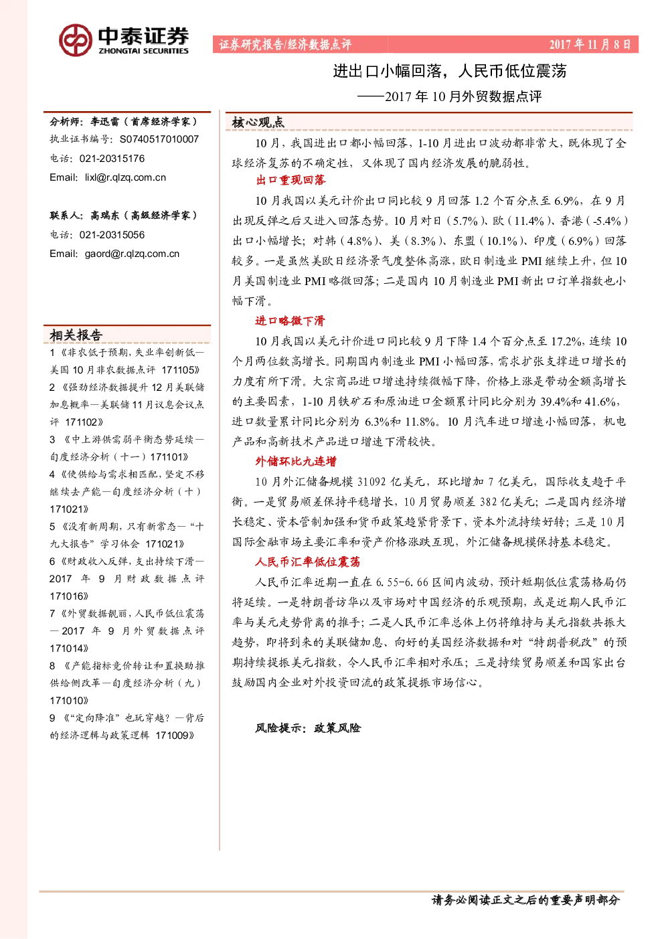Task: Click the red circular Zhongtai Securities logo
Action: pos(76,40)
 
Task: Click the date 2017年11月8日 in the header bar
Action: pos(590,44)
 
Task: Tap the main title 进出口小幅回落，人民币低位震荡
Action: pos(449,71)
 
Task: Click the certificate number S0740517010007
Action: pos(159,139)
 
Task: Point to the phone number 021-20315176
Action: pos(112,159)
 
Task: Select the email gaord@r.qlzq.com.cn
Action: pos(132,254)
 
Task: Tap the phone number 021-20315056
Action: pos(112,235)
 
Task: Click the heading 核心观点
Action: pos(258,122)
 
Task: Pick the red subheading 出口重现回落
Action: pos(291,180)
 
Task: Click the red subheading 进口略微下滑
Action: pos(290,321)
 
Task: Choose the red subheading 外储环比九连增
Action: pos(296,462)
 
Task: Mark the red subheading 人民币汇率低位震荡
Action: pos(308,562)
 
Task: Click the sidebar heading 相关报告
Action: pos(76,335)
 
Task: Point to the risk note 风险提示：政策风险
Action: pos(308,728)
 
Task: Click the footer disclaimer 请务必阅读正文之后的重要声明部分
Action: pos(525,900)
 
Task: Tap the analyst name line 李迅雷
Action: pos(105,122)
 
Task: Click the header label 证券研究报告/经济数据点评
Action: pos(285,44)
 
